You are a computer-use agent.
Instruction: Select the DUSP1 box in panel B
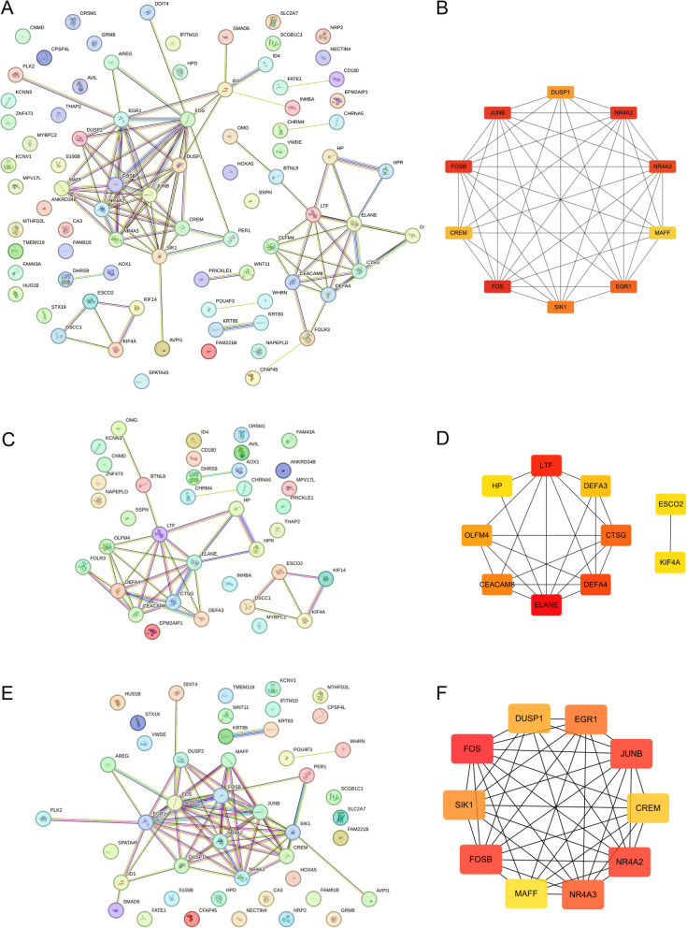click(x=561, y=93)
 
